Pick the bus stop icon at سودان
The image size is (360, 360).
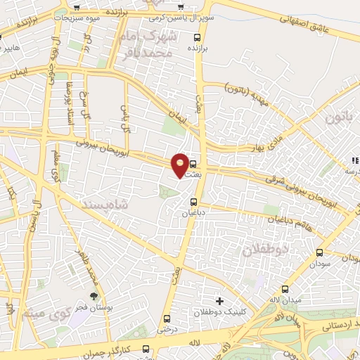click(320, 252)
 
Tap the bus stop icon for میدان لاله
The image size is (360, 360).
click(285, 289)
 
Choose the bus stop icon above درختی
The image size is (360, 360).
click(167, 319)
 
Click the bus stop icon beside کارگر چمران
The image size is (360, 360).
click(146, 349)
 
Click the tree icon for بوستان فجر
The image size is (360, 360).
click(94, 296)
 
